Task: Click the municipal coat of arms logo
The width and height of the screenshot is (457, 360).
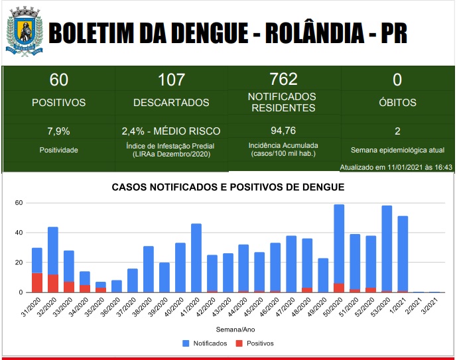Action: click(25, 32)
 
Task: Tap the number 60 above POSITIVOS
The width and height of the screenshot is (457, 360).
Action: click(59, 80)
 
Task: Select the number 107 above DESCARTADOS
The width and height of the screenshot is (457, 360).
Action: click(171, 80)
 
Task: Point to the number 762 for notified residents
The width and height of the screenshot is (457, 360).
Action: click(284, 79)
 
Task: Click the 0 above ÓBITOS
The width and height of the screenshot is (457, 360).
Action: click(397, 80)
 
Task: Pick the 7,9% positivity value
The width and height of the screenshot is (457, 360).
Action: click(59, 131)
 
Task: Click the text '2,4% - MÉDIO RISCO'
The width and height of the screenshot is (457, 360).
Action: click(171, 131)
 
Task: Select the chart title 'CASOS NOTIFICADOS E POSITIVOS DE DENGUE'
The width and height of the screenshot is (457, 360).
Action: click(229, 188)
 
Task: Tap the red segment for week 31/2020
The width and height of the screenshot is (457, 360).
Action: click(37, 282)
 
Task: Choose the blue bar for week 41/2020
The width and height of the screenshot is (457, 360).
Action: click(196, 258)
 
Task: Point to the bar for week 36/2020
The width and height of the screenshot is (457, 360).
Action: click(117, 286)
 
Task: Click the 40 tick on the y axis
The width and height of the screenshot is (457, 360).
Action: click(20, 233)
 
